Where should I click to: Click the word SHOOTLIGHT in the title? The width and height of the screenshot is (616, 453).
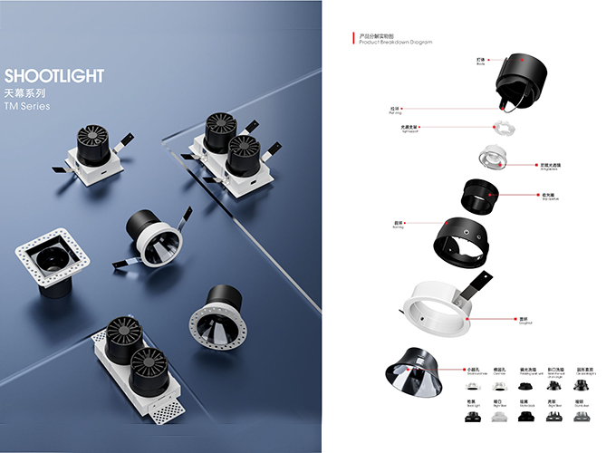[54, 76]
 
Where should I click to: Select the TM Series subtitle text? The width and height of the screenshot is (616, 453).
[27, 107]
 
